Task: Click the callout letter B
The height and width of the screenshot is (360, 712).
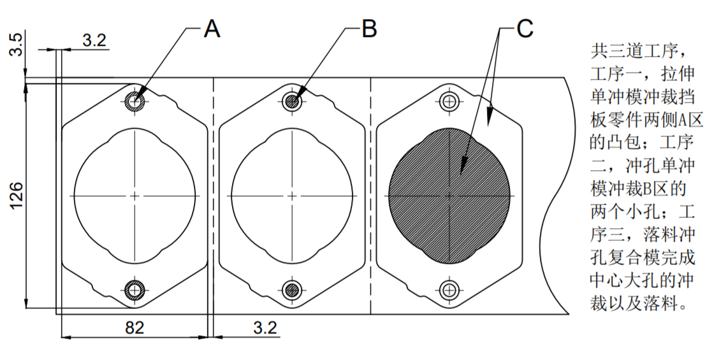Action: pos(369,29)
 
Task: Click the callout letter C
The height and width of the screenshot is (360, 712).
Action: pos(524,29)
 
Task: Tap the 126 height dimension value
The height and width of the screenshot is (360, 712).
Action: pos(17,195)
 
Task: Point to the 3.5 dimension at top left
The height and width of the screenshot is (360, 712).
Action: pos(17,45)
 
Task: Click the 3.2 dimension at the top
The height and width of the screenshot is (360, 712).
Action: pos(94,40)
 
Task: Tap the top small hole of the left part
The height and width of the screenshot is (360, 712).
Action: pos(135,101)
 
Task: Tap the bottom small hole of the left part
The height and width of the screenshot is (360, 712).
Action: pos(135,290)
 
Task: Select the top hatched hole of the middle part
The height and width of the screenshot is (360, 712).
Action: pos(293,101)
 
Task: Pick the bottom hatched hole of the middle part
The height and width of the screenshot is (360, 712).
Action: pos(293,290)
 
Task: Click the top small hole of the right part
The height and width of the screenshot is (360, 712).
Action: pos(449,101)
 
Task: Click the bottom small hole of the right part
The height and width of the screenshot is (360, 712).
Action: pos(449,290)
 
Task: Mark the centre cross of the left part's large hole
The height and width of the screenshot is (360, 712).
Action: pos(135,195)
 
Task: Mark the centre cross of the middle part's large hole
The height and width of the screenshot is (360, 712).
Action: pos(293,195)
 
